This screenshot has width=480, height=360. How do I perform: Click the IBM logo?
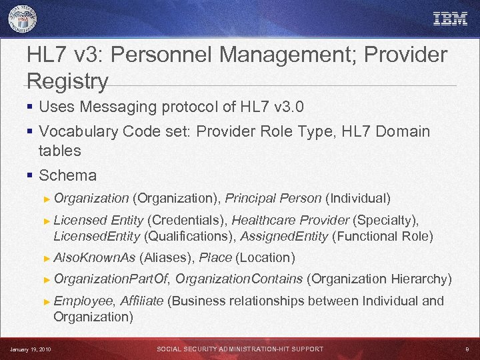click(451, 19)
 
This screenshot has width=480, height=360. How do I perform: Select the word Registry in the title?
click(67, 82)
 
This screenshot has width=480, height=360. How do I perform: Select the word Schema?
click(67, 176)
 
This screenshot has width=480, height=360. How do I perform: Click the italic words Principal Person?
click(273, 198)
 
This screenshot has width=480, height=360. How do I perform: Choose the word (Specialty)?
click(386, 220)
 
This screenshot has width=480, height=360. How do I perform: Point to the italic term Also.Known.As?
click(94, 257)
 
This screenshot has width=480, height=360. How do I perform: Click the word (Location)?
click(265, 257)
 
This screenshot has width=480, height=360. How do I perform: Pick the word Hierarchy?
click(421, 279)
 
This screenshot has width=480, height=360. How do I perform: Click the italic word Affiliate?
click(142, 301)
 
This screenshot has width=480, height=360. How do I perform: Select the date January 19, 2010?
click(31, 349)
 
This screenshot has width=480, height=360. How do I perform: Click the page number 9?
click(467, 349)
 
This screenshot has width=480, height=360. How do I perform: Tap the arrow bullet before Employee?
click(45, 301)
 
